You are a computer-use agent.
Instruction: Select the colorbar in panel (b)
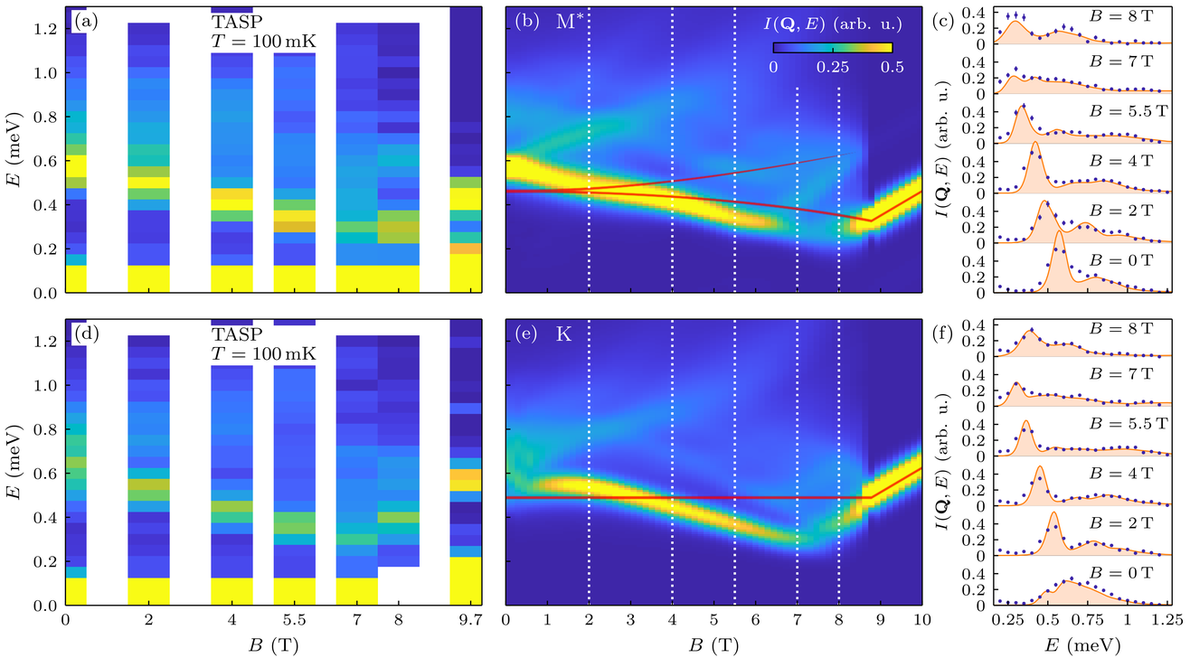pos(832,47)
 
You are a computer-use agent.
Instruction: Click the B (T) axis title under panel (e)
pos(713,644)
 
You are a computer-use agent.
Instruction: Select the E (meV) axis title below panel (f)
pos(1088,644)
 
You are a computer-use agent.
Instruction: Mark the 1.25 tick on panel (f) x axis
pos(1167,623)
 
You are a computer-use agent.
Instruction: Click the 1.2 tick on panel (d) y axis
pos(45,343)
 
